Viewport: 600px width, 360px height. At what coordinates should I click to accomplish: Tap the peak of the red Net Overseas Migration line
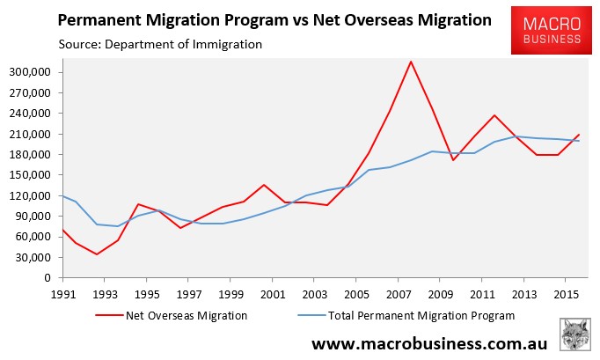coord(411,61)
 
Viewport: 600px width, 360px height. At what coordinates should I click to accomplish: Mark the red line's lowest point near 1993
coord(96,254)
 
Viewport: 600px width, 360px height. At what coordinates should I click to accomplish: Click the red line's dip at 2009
coord(452,160)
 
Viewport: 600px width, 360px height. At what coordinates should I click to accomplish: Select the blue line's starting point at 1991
coord(62,195)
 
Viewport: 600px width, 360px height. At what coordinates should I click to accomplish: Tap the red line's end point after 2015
coord(579,135)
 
